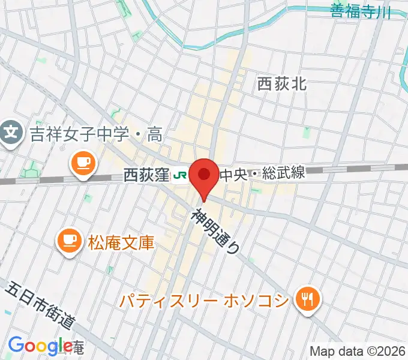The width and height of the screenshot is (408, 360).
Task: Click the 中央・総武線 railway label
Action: point(262,175)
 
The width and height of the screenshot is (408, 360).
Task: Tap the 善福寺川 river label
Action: point(360,11)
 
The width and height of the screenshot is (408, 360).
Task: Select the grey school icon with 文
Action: point(11,130)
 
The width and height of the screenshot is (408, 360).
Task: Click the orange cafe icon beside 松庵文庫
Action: point(69,241)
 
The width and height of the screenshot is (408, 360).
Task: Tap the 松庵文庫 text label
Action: point(122,242)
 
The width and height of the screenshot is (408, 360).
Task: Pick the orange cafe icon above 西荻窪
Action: point(82,162)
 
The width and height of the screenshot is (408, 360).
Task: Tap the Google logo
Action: point(40,346)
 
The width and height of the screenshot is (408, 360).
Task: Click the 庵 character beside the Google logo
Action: point(79,347)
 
